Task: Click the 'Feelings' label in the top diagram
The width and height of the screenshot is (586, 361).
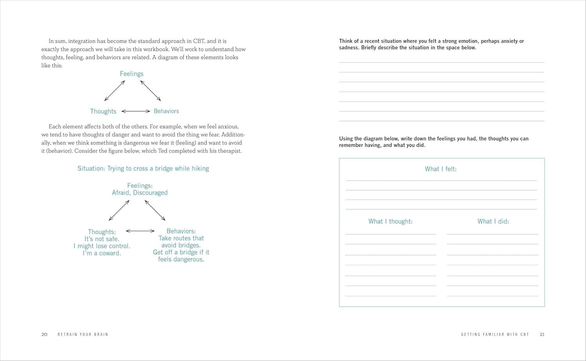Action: (x=131, y=74)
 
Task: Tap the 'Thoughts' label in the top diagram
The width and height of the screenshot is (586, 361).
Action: (x=103, y=111)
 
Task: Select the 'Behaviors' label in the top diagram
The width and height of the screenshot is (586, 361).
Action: (x=166, y=111)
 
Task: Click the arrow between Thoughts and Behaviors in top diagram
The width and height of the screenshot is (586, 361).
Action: (x=136, y=111)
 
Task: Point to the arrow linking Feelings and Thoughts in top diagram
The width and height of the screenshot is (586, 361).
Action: (x=114, y=91)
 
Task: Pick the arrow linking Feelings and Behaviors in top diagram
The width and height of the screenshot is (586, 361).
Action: (x=150, y=91)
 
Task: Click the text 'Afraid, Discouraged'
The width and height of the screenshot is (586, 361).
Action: (x=140, y=193)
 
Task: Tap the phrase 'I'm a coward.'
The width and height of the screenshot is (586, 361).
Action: (x=102, y=253)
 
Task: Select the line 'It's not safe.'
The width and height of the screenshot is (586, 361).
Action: (x=102, y=239)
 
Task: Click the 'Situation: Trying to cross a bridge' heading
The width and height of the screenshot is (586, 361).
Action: (x=143, y=169)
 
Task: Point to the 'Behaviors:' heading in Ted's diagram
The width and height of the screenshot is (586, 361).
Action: (x=181, y=231)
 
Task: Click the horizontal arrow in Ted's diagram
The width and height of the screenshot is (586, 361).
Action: (x=140, y=231)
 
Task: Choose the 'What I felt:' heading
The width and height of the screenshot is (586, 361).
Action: (x=440, y=169)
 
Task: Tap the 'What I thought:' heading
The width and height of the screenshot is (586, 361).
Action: (x=390, y=221)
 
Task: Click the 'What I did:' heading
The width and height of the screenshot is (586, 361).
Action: (x=493, y=221)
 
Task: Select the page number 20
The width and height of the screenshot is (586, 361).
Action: (x=44, y=334)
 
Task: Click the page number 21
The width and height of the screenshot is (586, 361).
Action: (x=542, y=334)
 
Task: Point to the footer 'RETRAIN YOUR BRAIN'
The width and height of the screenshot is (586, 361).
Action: (x=83, y=334)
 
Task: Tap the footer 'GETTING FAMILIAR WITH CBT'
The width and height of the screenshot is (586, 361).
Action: (x=495, y=334)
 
